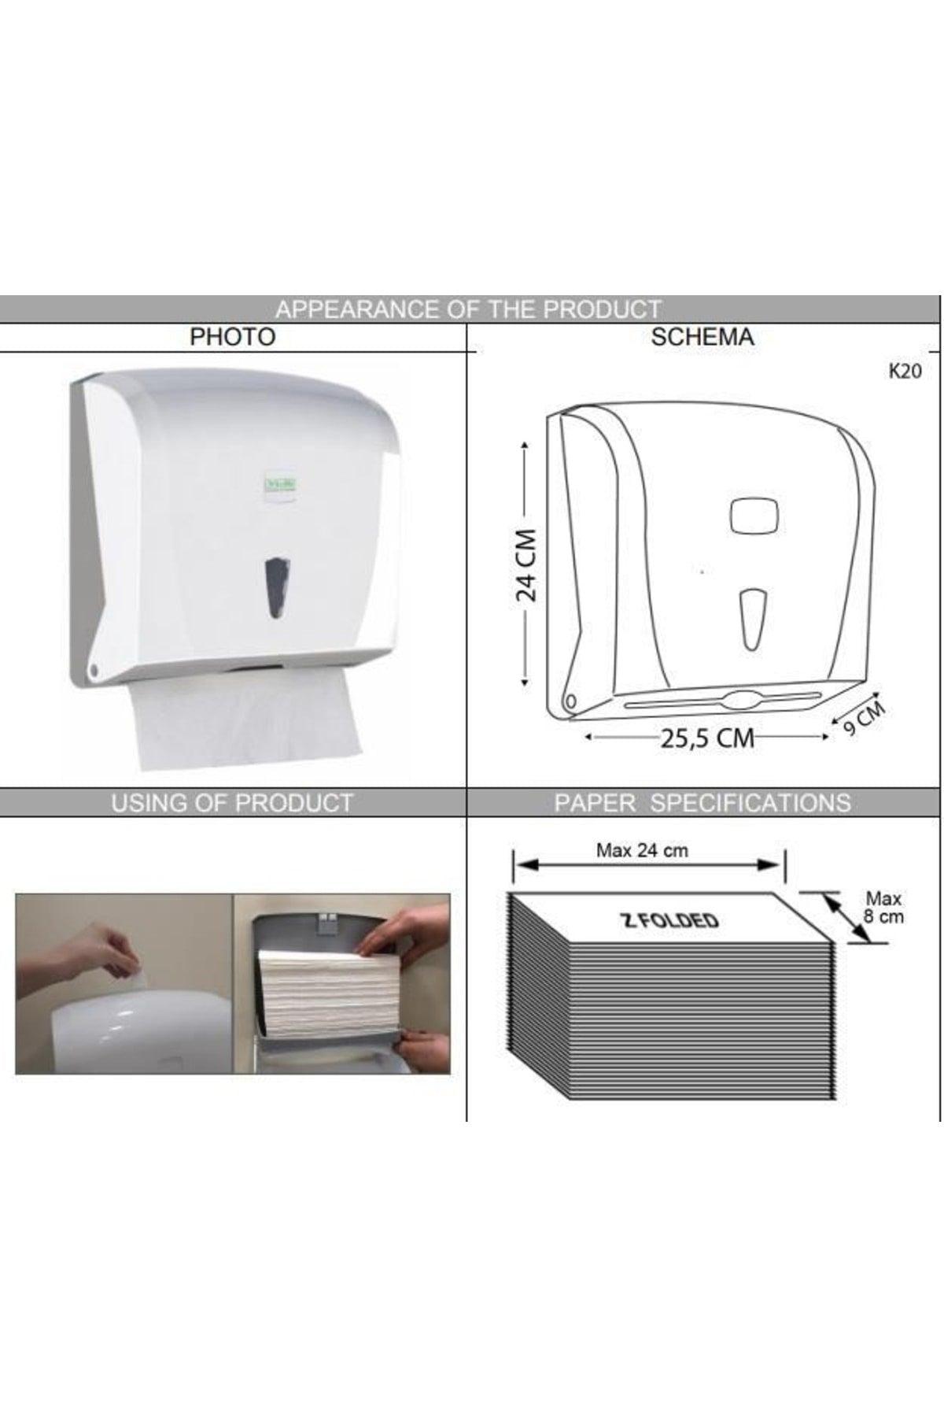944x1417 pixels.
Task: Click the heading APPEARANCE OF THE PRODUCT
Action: tap(468, 309)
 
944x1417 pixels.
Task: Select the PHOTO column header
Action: tap(233, 337)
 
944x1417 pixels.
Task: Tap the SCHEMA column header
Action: tap(702, 337)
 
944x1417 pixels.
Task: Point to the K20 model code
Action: tap(904, 372)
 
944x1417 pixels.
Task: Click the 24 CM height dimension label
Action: tap(525, 564)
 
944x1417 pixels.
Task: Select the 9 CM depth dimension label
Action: tap(864, 718)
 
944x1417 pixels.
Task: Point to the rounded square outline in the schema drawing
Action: tap(754, 516)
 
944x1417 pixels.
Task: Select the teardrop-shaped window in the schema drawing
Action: tap(754, 620)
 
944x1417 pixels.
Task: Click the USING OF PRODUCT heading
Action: tap(232, 803)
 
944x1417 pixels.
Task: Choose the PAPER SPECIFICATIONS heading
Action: tap(702, 803)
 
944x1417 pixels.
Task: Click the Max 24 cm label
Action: tap(642, 850)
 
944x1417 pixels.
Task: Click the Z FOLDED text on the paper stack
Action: tap(670, 920)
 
